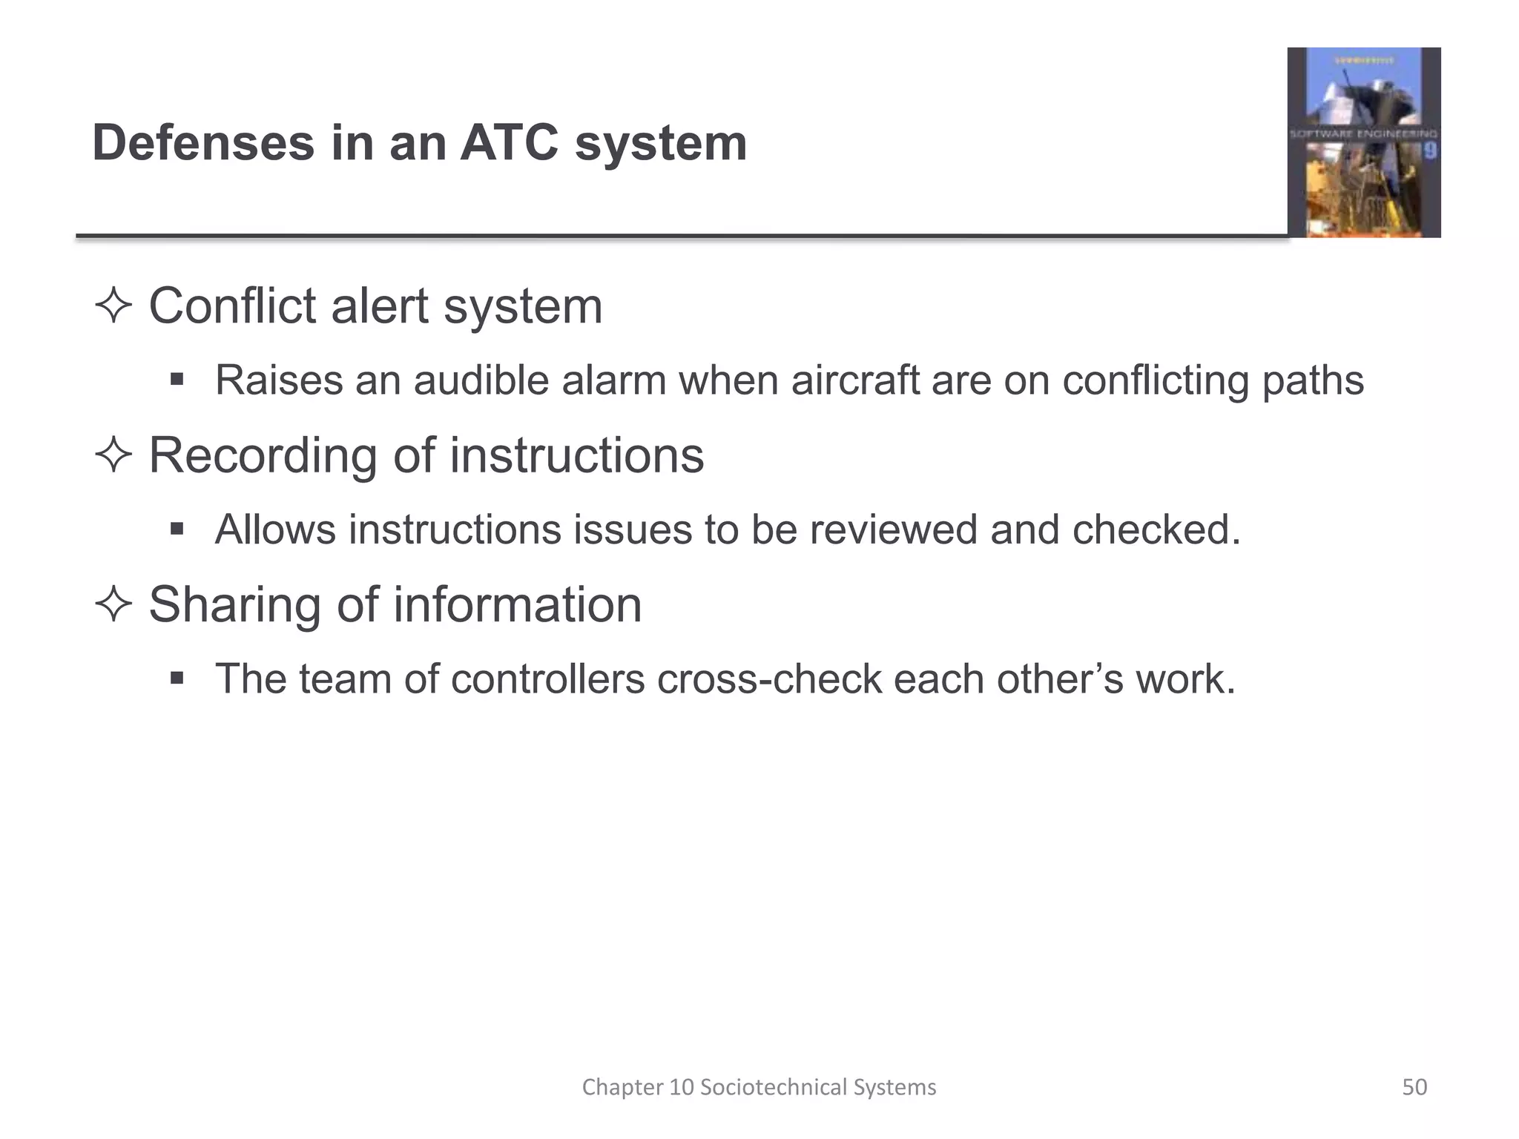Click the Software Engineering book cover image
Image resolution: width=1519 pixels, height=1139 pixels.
(1363, 142)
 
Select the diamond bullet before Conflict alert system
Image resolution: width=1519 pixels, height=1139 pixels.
(113, 306)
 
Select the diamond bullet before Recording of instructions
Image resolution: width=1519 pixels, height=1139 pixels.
(113, 455)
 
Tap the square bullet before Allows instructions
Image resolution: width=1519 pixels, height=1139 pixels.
(177, 529)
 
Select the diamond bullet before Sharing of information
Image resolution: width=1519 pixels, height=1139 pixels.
(113, 604)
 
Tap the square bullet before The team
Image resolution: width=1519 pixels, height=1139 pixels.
(177, 679)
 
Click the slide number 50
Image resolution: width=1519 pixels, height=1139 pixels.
(1414, 1087)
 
